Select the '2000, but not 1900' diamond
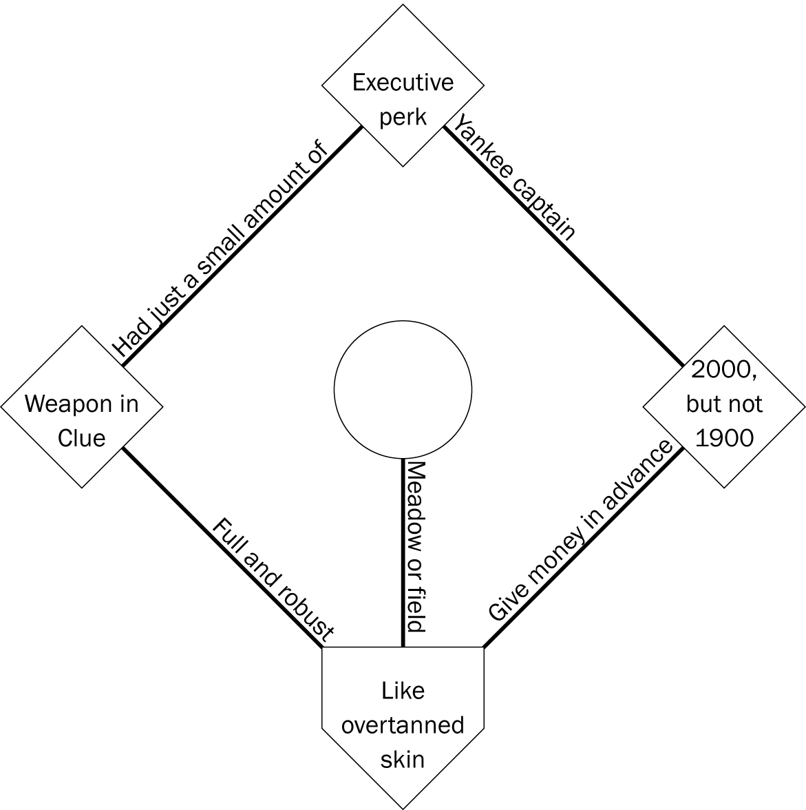pyautogui.click(x=724, y=406)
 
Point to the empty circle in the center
pyautogui.click(x=403, y=389)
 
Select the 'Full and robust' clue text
pyautogui.click(x=274, y=580)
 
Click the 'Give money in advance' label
pyautogui.click(x=580, y=532)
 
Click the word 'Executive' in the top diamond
pyautogui.click(x=403, y=83)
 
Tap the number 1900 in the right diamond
pyautogui.click(x=724, y=438)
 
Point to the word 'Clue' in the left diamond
pyautogui.click(x=81, y=438)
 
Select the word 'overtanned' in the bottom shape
pyautogui.click(x=403, y=725)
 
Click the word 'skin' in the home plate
pyautogui.click(x=403, y=759)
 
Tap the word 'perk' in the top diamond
pyautogui.click(x=403, y=116)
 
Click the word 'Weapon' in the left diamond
pyautogui.click(x=63, y=404)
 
